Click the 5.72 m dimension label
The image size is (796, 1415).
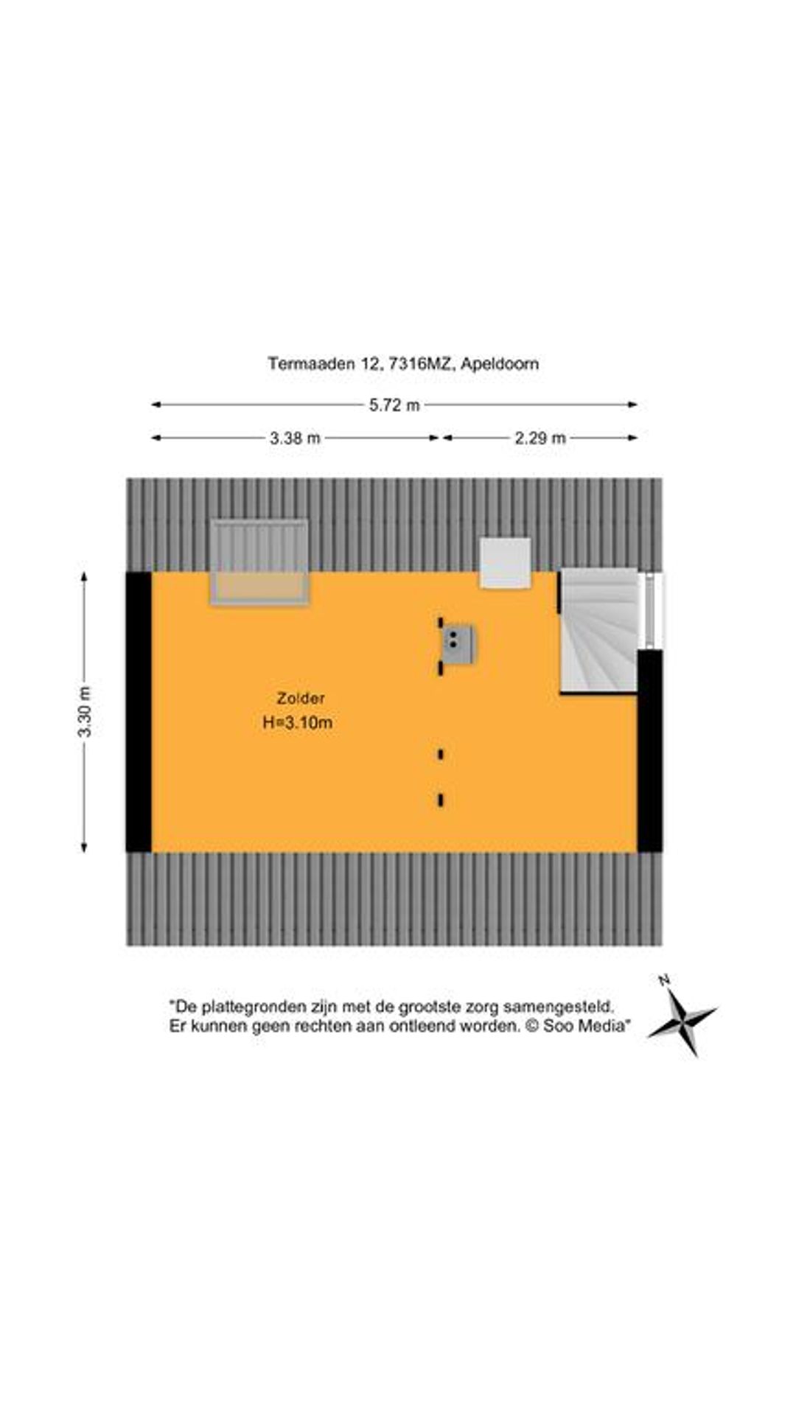(x=394, y=405)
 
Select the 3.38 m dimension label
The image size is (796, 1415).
(x=295, y=439)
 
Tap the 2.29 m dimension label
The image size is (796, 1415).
(x=540, y=439)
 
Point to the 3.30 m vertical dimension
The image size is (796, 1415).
(x=85, y=711)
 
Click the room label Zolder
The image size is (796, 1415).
(x=301, y=698)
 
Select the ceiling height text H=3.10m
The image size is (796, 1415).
(x=298, y=723)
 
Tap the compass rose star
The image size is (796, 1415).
(x=682, y=1020)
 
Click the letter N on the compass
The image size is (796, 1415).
(x=664, y=980)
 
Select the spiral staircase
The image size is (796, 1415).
(x=598, y=631)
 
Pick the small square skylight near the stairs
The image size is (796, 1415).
(x=506, y=563)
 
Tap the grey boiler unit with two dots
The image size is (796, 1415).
(x=458, y=645)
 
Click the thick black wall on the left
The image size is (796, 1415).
(x=139, y=712)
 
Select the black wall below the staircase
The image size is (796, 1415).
(x=650, y=751)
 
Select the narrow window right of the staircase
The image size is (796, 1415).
(x=651, y=610)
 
